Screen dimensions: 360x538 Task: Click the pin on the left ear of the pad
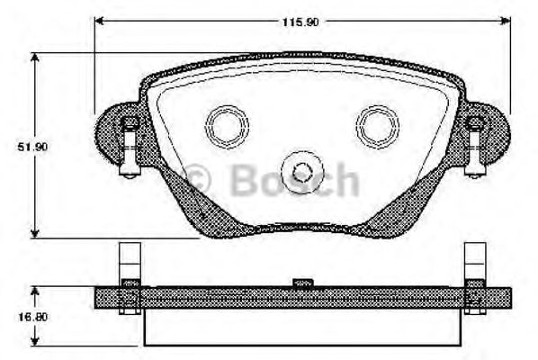pyautogui.click(x=130, y=143)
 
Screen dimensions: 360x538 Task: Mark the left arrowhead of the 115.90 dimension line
pyautogui.click(x=100, y=20)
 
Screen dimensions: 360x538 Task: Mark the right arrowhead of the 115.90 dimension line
pyautogui.click(x=503, y=20)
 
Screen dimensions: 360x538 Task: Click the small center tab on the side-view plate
pyautogui.click(x=303, y=283)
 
